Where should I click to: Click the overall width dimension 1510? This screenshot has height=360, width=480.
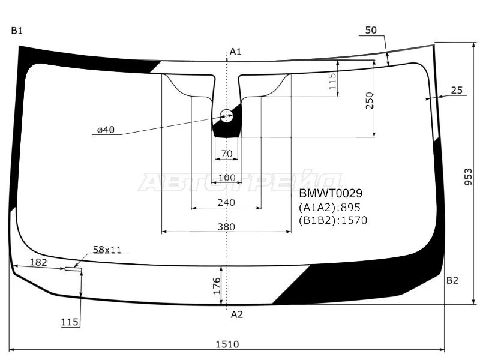pos(227,344)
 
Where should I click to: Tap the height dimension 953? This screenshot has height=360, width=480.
pos(469,176)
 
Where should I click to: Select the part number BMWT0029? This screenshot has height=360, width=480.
pos(331,193)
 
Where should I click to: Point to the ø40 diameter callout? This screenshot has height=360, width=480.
pos(106,130)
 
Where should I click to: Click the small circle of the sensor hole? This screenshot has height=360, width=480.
pos(227,116)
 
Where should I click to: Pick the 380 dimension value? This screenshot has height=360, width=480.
pos(226,227)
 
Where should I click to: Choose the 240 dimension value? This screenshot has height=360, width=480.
pos(226,202)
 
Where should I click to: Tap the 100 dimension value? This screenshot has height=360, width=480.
pos(227,178)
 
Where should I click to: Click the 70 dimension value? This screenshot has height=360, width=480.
pos(227,154)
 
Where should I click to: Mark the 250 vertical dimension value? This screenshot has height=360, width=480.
pos(370,100)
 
